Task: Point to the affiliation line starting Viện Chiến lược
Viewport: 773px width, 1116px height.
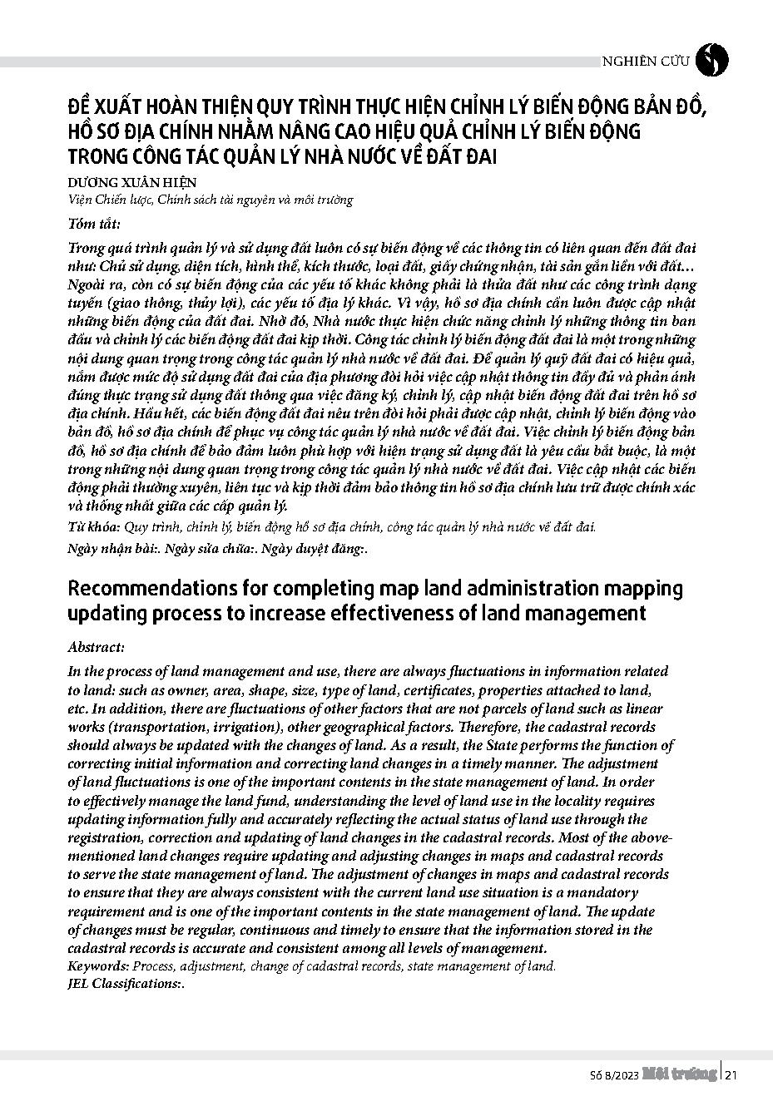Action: pyautogui.click(x=210, y=200)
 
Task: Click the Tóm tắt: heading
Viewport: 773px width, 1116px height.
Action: pyautogui.click(x=93, y=224)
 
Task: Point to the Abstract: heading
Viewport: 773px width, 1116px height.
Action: pyautogui.click(x=96, y=647)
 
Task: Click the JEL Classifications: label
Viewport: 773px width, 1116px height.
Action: pyautogui.click(x=124, y=983)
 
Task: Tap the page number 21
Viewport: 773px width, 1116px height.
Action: pyautogui.click(x=732, y=1075)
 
